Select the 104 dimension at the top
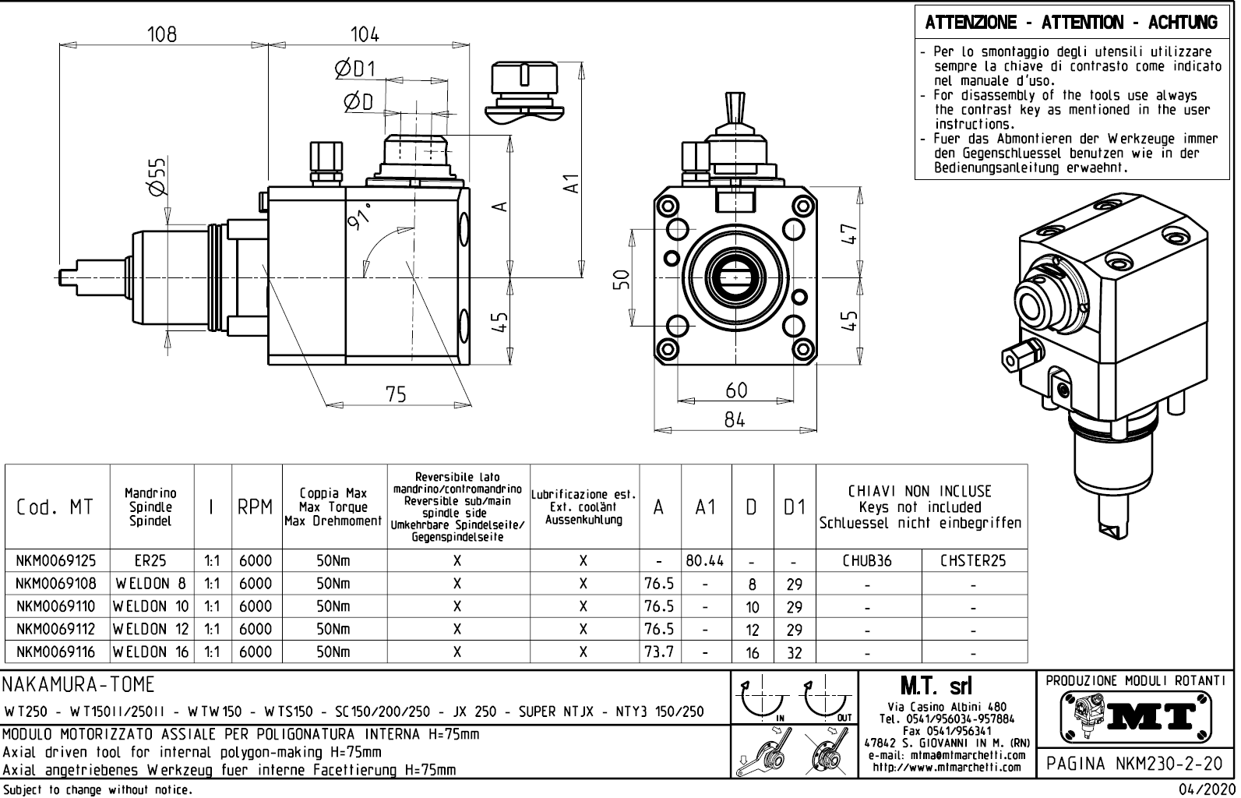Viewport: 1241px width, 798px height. pos(365,34)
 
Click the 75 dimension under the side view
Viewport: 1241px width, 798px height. pos(396,394)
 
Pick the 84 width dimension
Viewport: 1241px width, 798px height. pos(735,420)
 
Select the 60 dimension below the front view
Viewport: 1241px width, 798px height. pos(735,390)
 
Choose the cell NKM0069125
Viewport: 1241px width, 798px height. pos(56,561)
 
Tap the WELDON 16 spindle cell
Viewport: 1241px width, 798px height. pos(151,651)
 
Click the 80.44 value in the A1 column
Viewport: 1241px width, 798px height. pos(705,561)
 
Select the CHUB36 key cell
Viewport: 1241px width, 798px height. pos(867,561)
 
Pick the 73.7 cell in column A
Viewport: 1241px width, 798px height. pos(659,651)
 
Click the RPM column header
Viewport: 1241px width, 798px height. pos(256,507)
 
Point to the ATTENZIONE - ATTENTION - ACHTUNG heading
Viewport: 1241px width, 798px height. pos(1071,23)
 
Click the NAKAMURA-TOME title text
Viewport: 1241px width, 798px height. pos(79,685)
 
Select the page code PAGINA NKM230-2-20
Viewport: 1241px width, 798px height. pos(1135,763)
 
